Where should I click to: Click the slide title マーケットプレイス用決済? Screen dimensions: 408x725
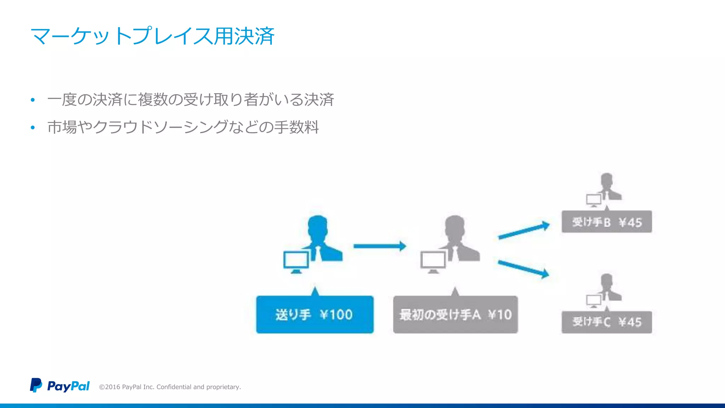pyautogui.click(x=152, y=36)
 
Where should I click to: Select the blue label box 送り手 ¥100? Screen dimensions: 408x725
pyautogui.click(x=315, y=314)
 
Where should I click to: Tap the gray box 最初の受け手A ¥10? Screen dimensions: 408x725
pyautogui.click(x=455, y=314)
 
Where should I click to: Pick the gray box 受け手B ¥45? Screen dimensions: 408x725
pyautogui.click(x=606, y=222)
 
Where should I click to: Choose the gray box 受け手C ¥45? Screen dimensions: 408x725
pyautogui.click(x=606, y=322)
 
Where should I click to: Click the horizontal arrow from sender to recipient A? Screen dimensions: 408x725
pyautogui.click(x=379, y=246)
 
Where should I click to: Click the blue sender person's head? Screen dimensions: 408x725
pyautogui.click(x=318, y=227)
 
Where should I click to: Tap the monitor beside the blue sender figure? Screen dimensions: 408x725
pyautogui.click(x=296, y=261)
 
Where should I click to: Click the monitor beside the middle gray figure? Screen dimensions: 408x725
pyautogui.click(x=433, y=261)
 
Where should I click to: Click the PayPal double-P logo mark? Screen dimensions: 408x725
pyautogui.click(x=36, y=385)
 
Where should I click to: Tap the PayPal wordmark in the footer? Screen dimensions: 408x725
pyautogui.click(x=68, y=386)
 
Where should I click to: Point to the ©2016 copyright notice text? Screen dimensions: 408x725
pyautogui.click(x=170, y=387)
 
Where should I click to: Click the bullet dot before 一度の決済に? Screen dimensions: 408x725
pyautogui.click(x=33, y=100)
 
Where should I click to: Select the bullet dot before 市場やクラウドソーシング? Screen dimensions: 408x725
pyautogui.click(x=33, y=127)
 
